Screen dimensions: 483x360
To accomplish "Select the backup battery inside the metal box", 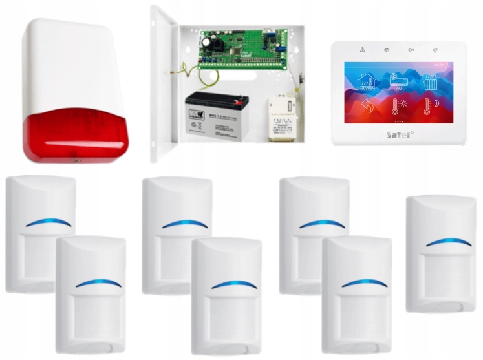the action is (x=217, y=114).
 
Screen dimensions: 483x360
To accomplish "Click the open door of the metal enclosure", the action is (x=162, y=84).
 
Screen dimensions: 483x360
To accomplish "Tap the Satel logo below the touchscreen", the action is (x=400, y=134).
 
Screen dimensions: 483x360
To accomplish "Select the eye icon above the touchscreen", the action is (x=387, y=50).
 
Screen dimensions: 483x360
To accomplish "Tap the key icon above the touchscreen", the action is (x=411, y=50).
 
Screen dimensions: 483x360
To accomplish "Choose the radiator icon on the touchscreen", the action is (x=431, y=81).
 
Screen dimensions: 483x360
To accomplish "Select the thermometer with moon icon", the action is (x=431, y=107).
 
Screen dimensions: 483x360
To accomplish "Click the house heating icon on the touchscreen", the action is (x=365, y=81).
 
